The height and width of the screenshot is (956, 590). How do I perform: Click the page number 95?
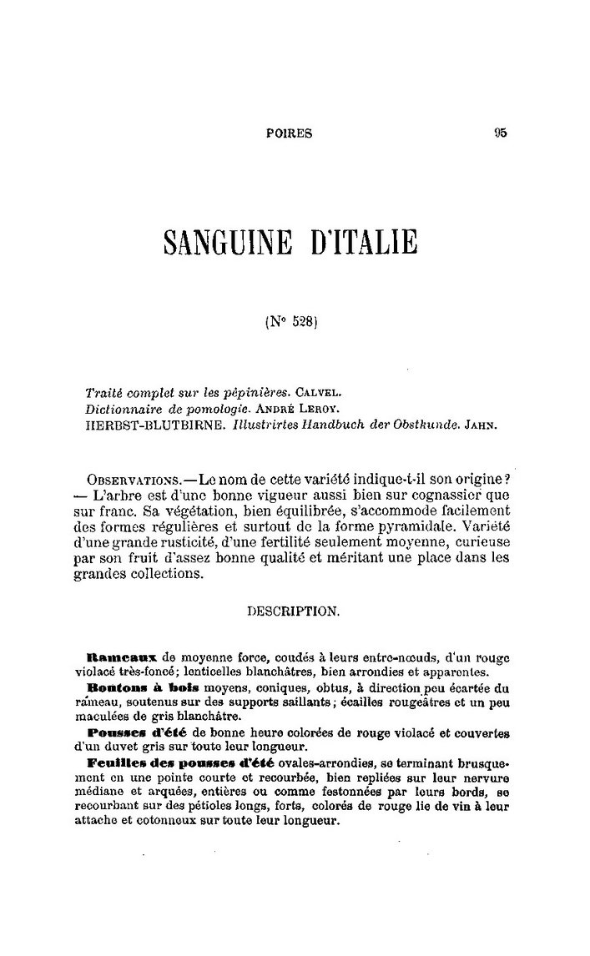point(501,131)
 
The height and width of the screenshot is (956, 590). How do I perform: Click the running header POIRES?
point(289,132)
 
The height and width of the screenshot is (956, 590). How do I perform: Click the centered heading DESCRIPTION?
point(294,611)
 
